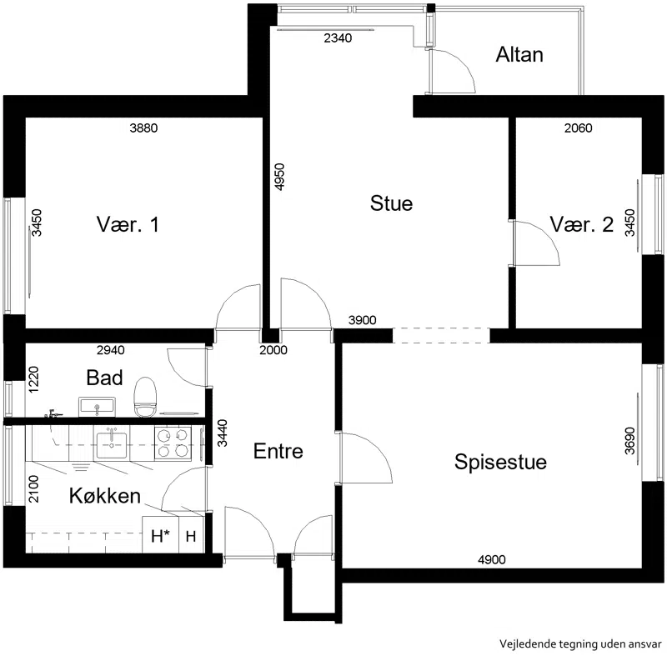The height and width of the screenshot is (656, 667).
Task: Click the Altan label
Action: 519,55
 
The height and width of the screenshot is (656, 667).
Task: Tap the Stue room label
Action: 391,203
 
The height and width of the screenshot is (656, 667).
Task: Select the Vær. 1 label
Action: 128,224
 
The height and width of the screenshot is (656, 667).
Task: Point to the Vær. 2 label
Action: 581,224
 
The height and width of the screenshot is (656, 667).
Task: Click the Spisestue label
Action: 500,462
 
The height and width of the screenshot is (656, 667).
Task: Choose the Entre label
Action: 278,451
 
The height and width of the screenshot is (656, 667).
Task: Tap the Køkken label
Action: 105,496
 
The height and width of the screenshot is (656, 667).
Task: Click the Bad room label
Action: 104,378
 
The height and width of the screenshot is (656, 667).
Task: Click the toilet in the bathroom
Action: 145,397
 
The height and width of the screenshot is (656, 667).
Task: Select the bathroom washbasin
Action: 97,407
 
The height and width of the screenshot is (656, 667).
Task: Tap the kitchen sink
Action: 112,445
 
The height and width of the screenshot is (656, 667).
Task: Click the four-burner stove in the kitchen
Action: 173,443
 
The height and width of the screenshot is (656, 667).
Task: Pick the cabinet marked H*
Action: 160,535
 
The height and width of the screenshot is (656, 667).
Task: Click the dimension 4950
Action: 279,177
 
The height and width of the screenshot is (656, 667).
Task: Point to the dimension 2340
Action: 338,38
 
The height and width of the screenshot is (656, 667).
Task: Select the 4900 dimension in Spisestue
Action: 492,559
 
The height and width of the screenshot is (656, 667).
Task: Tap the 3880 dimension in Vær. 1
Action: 143,128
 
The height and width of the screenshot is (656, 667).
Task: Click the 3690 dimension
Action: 630,441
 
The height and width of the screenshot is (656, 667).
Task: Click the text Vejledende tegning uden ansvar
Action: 580,643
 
